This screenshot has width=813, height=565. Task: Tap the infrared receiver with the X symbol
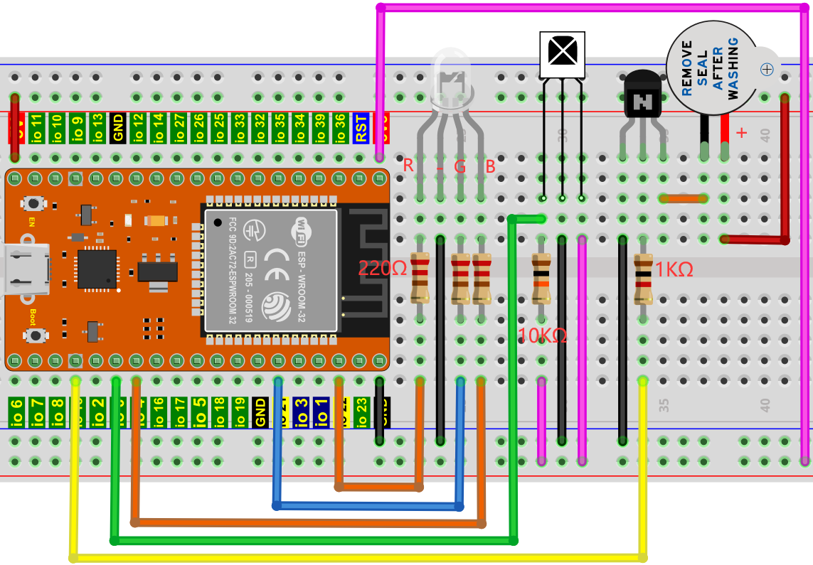tap(562, 53)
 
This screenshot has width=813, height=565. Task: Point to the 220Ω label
tap(382, 269)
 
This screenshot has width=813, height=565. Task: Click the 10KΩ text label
tap(543, 335)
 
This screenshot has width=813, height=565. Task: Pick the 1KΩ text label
tap(674, 269)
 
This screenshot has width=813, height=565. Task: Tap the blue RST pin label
tap(361, 128)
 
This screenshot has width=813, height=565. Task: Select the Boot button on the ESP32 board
tap(32, 334)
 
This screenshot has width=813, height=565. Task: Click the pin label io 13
tap(97, 128)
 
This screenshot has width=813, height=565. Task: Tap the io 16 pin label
tap(159, 412)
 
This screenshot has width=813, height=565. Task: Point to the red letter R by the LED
tap(408, 166)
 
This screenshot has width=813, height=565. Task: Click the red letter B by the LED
tap(490, 167)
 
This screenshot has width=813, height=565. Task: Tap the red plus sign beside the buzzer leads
tap(742, 133)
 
